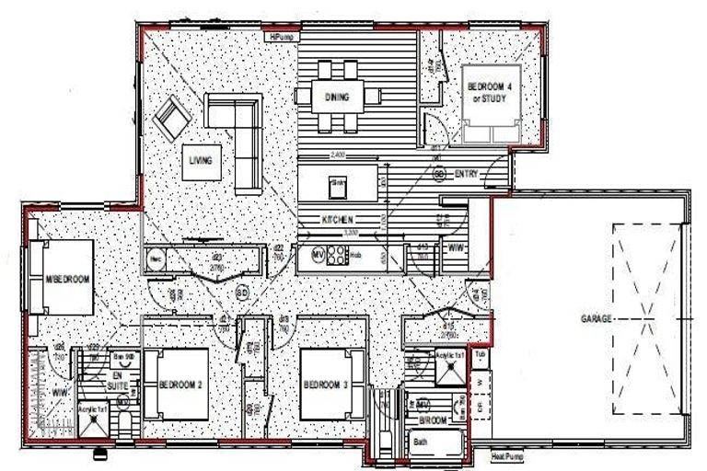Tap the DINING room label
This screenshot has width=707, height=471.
pyautogui.click(x=336, y=98)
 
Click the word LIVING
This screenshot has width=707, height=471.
pyautogui.click(x=201, y=160)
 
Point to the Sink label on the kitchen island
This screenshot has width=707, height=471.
pyautogui.click(x=337, y=184)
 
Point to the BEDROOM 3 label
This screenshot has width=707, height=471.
pyautogui.click(x=325, y=385)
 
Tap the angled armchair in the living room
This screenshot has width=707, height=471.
pyautogui.click(x=171, y=121)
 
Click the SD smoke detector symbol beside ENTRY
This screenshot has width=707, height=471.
pyautogui.click(x=439, y=173)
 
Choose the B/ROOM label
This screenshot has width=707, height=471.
pyautogui.click(x=433, y=419)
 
